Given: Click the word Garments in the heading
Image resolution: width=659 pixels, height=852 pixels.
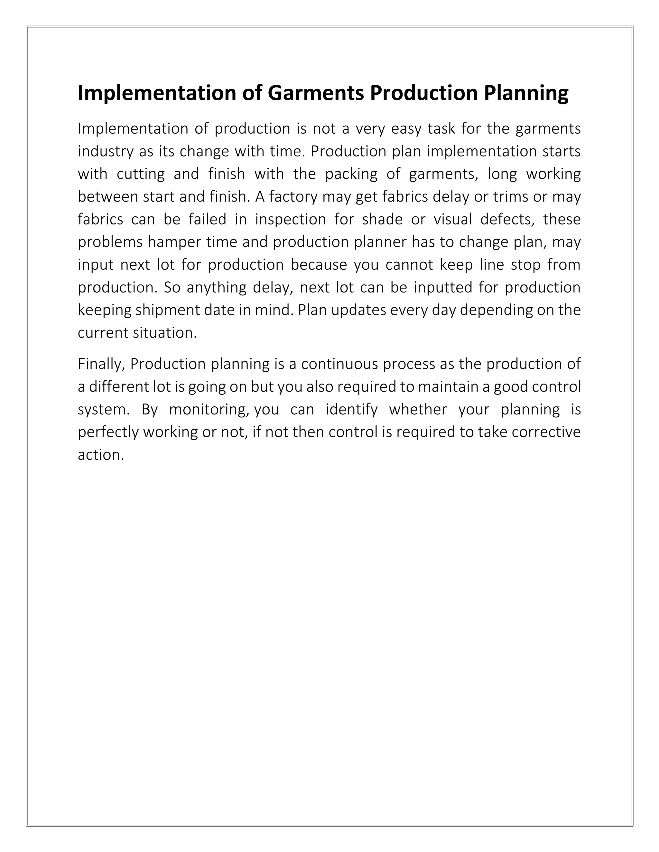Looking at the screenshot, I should coord(315,93).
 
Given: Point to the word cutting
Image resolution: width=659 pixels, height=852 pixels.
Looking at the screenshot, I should coord(141,174).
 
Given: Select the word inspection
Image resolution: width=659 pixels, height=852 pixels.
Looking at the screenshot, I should coord(291,219).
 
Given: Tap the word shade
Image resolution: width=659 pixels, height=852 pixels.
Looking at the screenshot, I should coord(382,219).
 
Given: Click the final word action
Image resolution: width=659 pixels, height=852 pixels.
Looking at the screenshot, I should coord(100,455).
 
